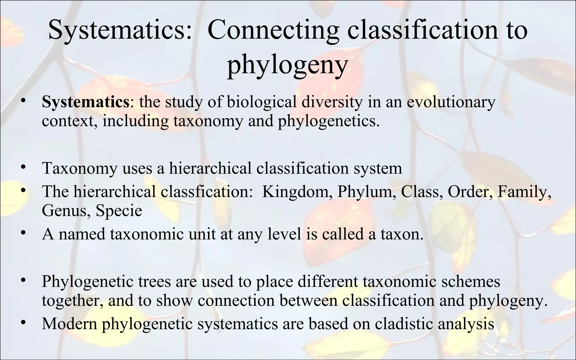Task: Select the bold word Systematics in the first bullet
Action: click(x=85, y=102)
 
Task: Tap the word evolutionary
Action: click(x=451, y=102)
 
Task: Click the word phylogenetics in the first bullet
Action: click(x=328, y=121)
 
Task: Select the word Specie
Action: click(x=119, y=210)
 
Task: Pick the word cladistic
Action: click(x=404, y=323)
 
